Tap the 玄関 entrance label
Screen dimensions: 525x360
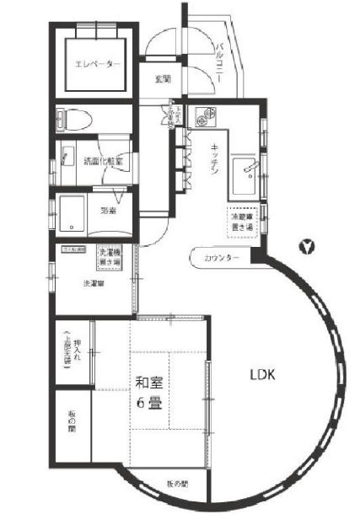(x=163, y=79)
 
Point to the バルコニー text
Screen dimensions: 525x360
(x=220, y=60)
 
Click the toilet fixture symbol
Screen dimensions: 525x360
(x=71, y=121)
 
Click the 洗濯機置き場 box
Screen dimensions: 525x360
(x=111, y=257)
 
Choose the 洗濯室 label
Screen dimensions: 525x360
(x=94, y=282)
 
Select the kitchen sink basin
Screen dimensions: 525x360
(x=246, y=169)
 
